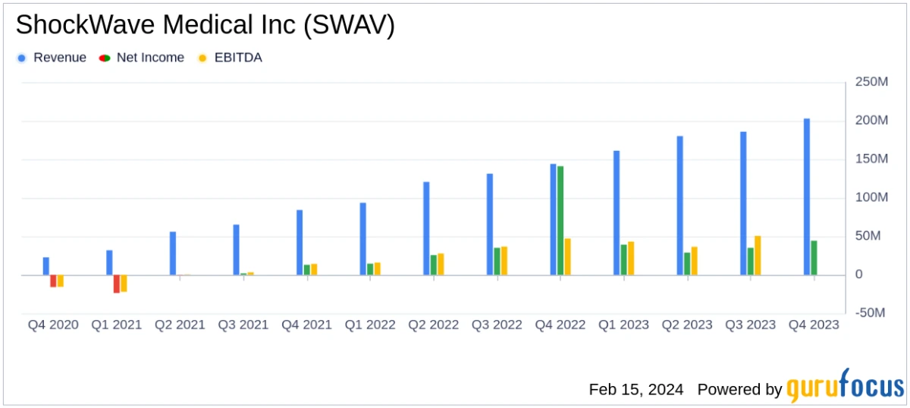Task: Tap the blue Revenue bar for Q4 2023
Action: point(807,196)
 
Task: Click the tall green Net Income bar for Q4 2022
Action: point(560,220)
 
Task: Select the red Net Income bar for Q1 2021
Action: point(117,284)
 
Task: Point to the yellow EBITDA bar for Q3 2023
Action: point(758,255)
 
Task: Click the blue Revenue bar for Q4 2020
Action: point(46,266)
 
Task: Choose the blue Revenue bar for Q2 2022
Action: point(426,228)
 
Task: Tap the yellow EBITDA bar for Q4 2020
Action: point(61,281)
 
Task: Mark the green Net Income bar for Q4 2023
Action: point(814,257)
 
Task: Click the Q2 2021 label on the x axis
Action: point(180,325)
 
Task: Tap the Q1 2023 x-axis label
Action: point(623,325)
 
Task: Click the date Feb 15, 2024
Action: point(635,389)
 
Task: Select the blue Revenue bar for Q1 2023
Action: point(617,212)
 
